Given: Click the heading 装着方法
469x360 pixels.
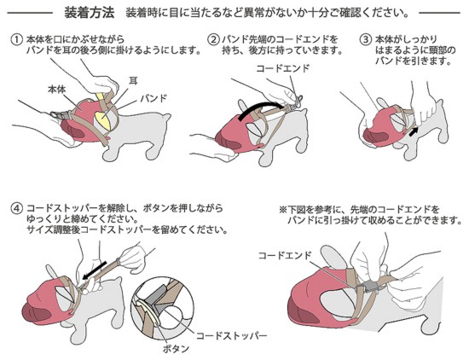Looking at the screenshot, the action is tap(90, 13).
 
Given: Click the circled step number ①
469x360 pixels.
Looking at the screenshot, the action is tap(16, 40).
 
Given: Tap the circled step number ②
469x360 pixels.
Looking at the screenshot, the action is tap(213, 40).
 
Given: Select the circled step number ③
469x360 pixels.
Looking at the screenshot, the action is tap(366, 40).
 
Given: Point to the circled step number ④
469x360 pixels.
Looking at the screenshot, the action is tap(16, 208).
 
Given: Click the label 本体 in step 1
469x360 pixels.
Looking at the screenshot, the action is tap(57, 89).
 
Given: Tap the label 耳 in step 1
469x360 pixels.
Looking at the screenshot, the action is tap(133, 80).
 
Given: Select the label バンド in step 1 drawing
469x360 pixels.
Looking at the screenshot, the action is tap(153, 98).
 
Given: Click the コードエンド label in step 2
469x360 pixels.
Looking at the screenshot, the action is tap(282, 68).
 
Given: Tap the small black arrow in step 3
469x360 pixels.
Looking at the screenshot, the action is tap(414, 131).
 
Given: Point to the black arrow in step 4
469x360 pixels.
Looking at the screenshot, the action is tap(94, 270).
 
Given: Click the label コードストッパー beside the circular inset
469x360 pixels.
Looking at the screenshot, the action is tap(232, 335).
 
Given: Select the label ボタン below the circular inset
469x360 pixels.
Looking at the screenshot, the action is tap(176, 349).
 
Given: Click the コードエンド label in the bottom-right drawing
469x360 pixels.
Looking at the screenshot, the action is tap(285, 255).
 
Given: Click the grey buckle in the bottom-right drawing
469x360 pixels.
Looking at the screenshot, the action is tap(370, 287).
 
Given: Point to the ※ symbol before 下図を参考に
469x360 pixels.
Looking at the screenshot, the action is tap(282, 209).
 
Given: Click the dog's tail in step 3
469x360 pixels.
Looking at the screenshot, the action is tap(440, 103).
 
